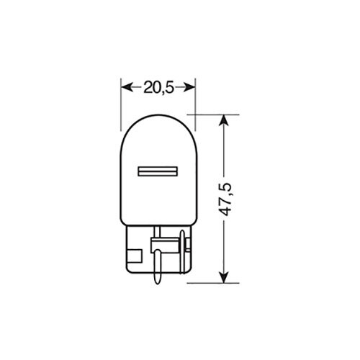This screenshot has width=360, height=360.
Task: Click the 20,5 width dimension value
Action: (158, 87)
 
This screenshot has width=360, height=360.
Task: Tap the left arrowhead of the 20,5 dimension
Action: (125, 87)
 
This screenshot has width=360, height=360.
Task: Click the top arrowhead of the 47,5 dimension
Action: (228, 118)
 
